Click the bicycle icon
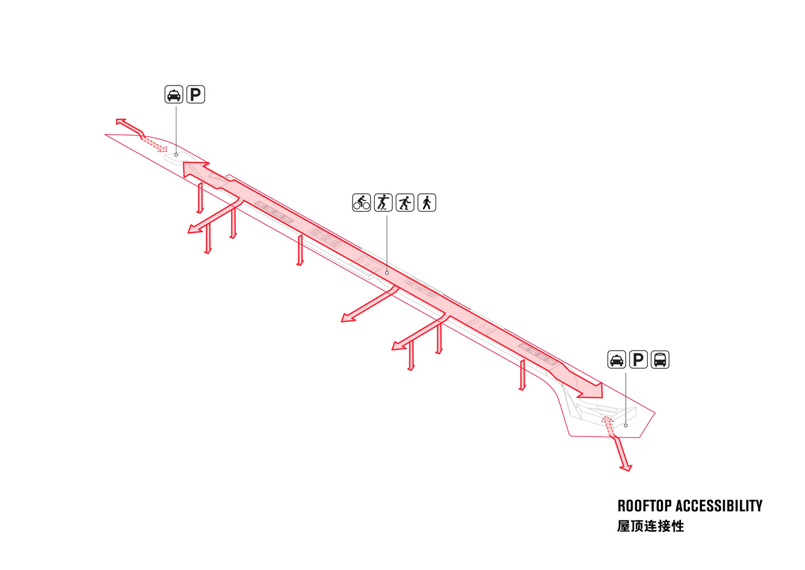click(361, 202)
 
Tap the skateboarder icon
click(383, 202)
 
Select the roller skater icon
click(405, 202)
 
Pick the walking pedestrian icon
click(426, 202)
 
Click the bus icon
click(660, 360)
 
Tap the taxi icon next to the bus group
click(617, 360)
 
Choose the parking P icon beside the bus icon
click(638, 360)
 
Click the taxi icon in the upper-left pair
click(174, 95)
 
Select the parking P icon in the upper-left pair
click(195, 95)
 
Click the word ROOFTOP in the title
click(644, 506)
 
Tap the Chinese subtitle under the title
click(651, 526)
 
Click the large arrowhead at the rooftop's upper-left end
click(196, 169)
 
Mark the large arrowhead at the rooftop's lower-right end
click(590, 390)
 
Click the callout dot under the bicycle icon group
click(387, 273)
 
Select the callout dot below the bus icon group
click(626, 425)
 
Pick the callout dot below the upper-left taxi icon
click(176, 154)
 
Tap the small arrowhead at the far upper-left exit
click(121, 121)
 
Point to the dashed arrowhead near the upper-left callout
click(162, 149)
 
